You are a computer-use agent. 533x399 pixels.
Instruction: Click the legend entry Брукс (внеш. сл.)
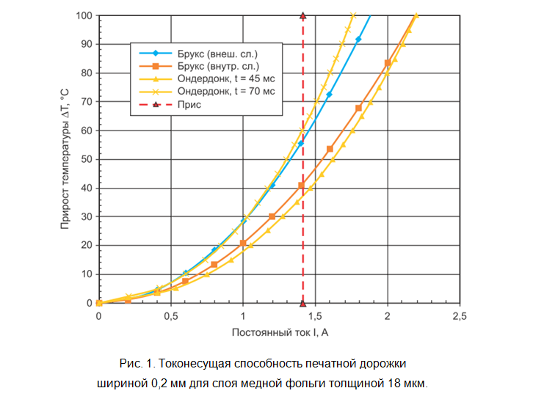tap(218, 54)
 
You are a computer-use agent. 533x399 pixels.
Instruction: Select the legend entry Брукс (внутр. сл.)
tap(219, 67)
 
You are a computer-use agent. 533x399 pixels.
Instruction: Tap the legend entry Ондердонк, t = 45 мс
tap(226, 79)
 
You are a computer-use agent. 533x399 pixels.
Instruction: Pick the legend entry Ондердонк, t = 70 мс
tap(226, 92)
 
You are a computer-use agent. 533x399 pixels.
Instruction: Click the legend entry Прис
tap(189, 104)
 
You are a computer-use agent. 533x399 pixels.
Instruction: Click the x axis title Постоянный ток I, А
tap(279, 333)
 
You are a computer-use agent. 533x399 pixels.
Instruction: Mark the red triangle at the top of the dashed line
tap(302, 15)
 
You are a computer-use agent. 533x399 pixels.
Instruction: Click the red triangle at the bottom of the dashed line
tap(302, 303)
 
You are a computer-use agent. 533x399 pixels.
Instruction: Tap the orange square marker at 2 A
tap(388, 63)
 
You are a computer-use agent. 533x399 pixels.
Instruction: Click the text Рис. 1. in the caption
tap(135, 364)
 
